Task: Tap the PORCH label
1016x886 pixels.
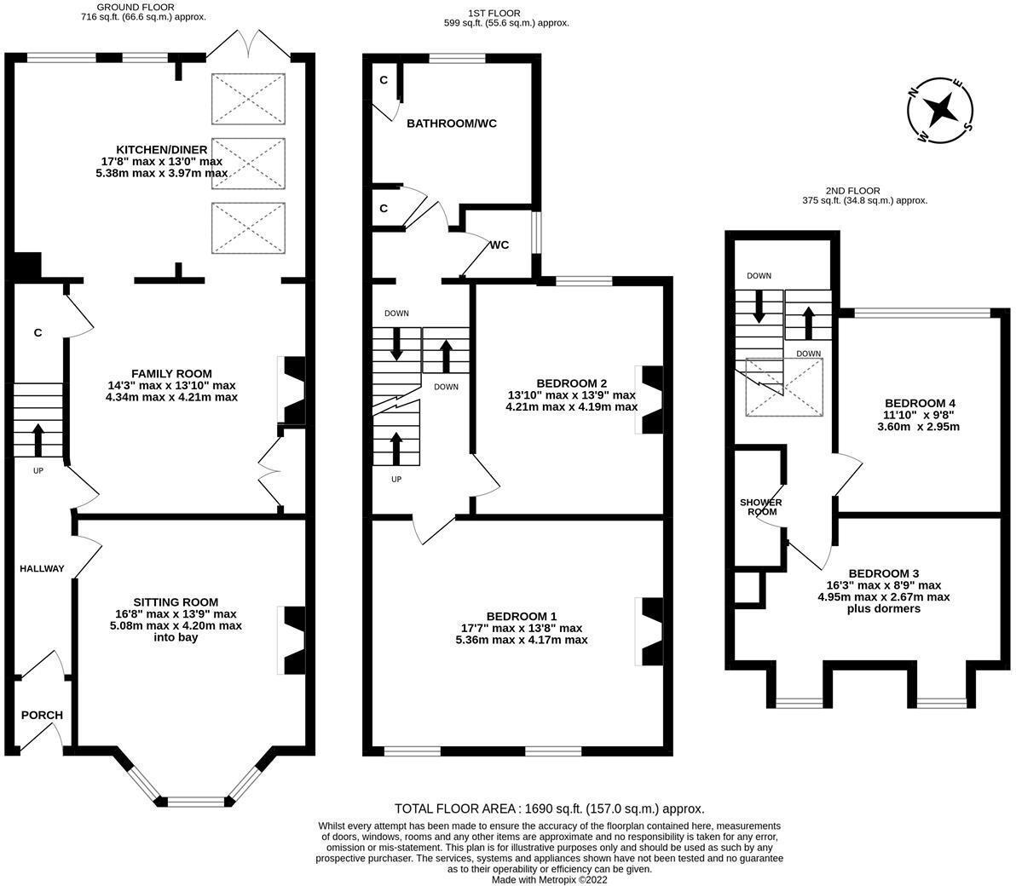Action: tap(42, 715)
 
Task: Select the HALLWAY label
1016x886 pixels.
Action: tap(42, 568)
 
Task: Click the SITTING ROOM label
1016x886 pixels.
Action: tap(176, 602)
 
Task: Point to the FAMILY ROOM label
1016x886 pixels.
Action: tap(171, 374)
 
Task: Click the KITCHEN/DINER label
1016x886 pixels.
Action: tap(162, 150)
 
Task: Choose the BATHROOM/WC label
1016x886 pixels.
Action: tap(452, 124)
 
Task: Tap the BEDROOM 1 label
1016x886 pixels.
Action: tap(522, 617)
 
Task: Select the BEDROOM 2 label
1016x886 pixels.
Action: tap(571, 383)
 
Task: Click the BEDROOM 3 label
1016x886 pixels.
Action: tap(884, 573)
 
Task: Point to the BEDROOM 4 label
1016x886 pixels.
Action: tap(920, 403)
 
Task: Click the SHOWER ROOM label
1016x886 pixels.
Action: tap(760, 507)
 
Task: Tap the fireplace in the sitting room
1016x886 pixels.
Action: tap(293, 641)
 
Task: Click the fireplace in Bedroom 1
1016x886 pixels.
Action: tap(651, 631)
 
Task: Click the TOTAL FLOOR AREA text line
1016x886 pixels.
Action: tap(550, 809)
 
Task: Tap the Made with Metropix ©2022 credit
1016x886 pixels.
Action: tap(550, 880)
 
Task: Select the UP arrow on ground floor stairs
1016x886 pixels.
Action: tap(38, 440)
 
